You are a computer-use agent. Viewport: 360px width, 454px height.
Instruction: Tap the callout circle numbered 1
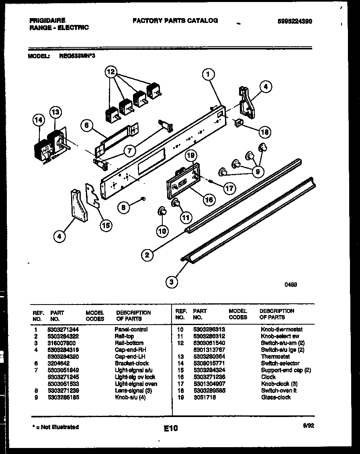[x=208, y=74]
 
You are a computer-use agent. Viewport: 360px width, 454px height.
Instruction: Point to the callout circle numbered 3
[x=172, y=282]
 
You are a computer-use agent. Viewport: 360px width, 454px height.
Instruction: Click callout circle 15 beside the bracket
[x=106, y=225]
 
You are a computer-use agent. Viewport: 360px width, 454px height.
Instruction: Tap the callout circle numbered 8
[x=125, y=207]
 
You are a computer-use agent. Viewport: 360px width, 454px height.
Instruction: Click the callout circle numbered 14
[x=38, y=120]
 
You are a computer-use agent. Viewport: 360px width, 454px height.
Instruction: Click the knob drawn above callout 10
[x=162, y=212]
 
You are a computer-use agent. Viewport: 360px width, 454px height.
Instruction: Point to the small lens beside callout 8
[x=143, y=199]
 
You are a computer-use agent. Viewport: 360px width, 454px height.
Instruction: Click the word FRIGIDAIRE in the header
[x=47, y=20]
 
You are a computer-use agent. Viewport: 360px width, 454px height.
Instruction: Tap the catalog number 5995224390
[x=295, y=21]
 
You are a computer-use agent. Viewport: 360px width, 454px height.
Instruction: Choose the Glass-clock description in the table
[x=276, y=397]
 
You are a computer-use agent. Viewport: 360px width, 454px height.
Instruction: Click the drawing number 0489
[x=290, y=284]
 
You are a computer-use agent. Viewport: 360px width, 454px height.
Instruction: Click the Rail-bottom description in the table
[x=129, y=343]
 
